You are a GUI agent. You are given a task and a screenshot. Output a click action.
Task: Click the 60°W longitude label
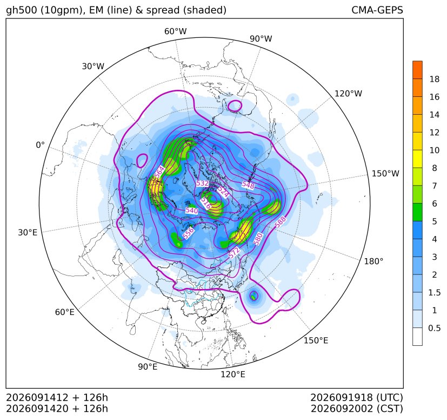pos(175,31)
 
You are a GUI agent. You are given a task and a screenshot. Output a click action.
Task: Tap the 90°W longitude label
pos(261,38)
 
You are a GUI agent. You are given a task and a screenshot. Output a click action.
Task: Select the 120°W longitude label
pos(348,94)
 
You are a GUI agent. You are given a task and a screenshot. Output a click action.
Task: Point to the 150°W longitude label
pos(385,173)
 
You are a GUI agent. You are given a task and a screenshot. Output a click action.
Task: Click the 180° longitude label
pos(373,261)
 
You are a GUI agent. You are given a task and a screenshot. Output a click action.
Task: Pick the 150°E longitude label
pos(316,340)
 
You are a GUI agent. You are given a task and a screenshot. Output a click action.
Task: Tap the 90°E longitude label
pos(148,366)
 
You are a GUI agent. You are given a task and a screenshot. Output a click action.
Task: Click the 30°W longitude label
pos(93,66)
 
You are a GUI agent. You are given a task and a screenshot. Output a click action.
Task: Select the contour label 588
pos(280,221)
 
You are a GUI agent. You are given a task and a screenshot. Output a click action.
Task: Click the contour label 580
pos(258,239)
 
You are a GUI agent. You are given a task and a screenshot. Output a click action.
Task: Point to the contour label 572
pos(234,253)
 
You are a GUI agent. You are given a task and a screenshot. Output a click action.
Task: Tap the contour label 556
pos(188,233)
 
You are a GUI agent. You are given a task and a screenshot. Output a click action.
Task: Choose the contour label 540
pos(191,211)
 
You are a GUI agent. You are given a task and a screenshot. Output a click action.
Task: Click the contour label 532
pos(202,183)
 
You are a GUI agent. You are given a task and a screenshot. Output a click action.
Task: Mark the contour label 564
pos(159,172)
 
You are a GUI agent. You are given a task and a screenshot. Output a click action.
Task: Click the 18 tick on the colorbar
pos(435,79)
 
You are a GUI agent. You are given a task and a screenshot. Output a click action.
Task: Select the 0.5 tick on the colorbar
pos(434,328)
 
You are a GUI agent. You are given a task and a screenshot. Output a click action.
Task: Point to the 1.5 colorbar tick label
pos(434,292)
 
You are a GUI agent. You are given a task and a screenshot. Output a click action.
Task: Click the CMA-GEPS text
pos(377,10)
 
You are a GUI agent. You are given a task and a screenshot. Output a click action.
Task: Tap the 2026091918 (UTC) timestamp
pos(357,397)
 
